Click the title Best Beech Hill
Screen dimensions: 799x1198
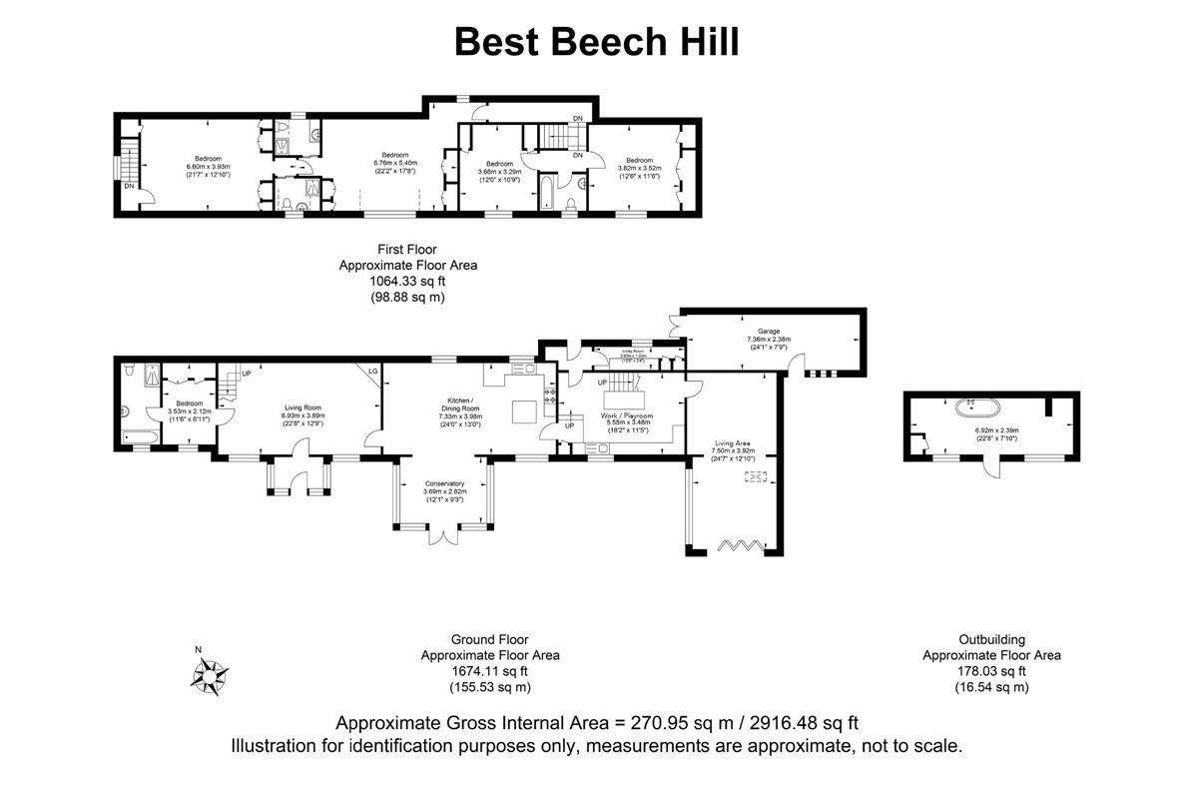(x=597, y=43)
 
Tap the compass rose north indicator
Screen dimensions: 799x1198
(x=210, y=675)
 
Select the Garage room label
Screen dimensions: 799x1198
(x=768, y=331)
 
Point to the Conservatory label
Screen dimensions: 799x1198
(x=444, y=483)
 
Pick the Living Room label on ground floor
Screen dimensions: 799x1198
(x=302, y=407)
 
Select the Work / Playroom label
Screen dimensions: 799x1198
(x=627, y=414)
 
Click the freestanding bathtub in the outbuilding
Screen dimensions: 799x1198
(x=971, y=407)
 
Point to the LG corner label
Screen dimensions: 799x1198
(x=373, y=371)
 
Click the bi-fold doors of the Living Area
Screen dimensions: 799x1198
(x=740, y=544)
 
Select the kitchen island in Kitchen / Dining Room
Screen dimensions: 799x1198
(x=525, y=410)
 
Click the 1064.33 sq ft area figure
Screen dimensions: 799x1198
(x=407, y=282)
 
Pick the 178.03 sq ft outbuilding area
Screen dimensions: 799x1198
(x=991, y=672)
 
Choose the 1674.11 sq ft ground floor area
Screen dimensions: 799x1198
(x=489, y=672)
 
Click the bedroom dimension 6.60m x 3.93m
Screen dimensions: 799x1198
(x=208, y=167)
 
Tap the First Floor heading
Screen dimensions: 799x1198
(x=407, y=249)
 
